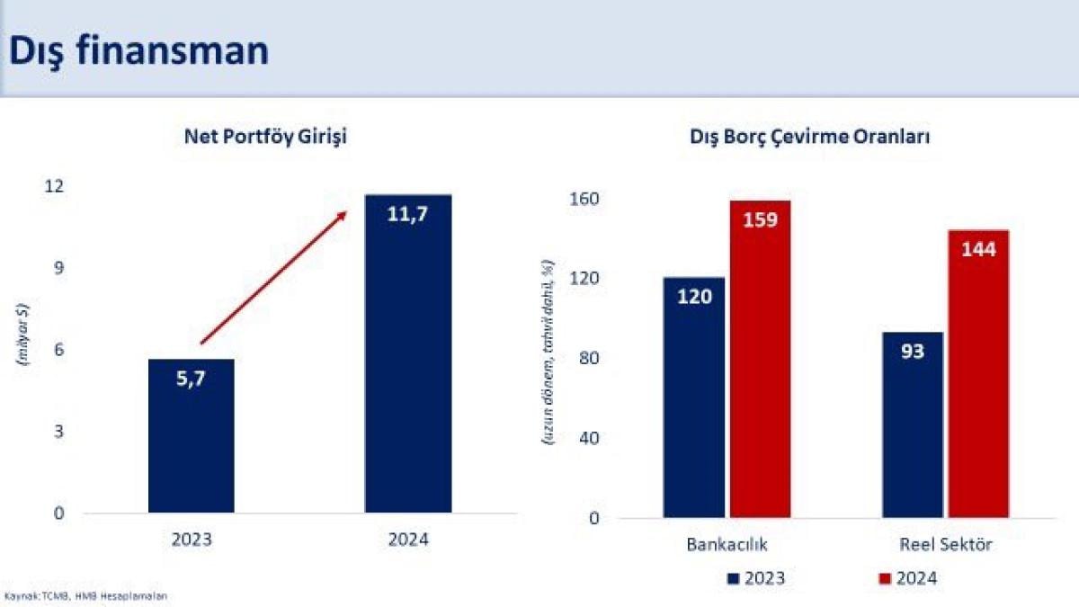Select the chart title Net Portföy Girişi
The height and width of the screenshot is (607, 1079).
(265, 138)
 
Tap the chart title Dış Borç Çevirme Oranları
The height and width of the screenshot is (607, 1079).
(809, 138)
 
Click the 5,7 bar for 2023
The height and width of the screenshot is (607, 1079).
(192, 436)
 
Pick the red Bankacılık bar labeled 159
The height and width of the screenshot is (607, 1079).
(760, 360)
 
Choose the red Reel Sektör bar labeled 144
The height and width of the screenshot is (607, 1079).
(978, 374)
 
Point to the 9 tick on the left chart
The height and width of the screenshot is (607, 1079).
(59, 268)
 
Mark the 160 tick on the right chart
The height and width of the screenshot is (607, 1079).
(585, 199)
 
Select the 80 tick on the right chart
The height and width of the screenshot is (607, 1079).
(589, 359)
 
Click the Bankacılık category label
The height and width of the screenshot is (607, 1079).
(727, 545)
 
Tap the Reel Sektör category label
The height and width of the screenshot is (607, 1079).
(945, 545)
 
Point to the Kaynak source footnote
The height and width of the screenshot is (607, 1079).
(86, 595)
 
